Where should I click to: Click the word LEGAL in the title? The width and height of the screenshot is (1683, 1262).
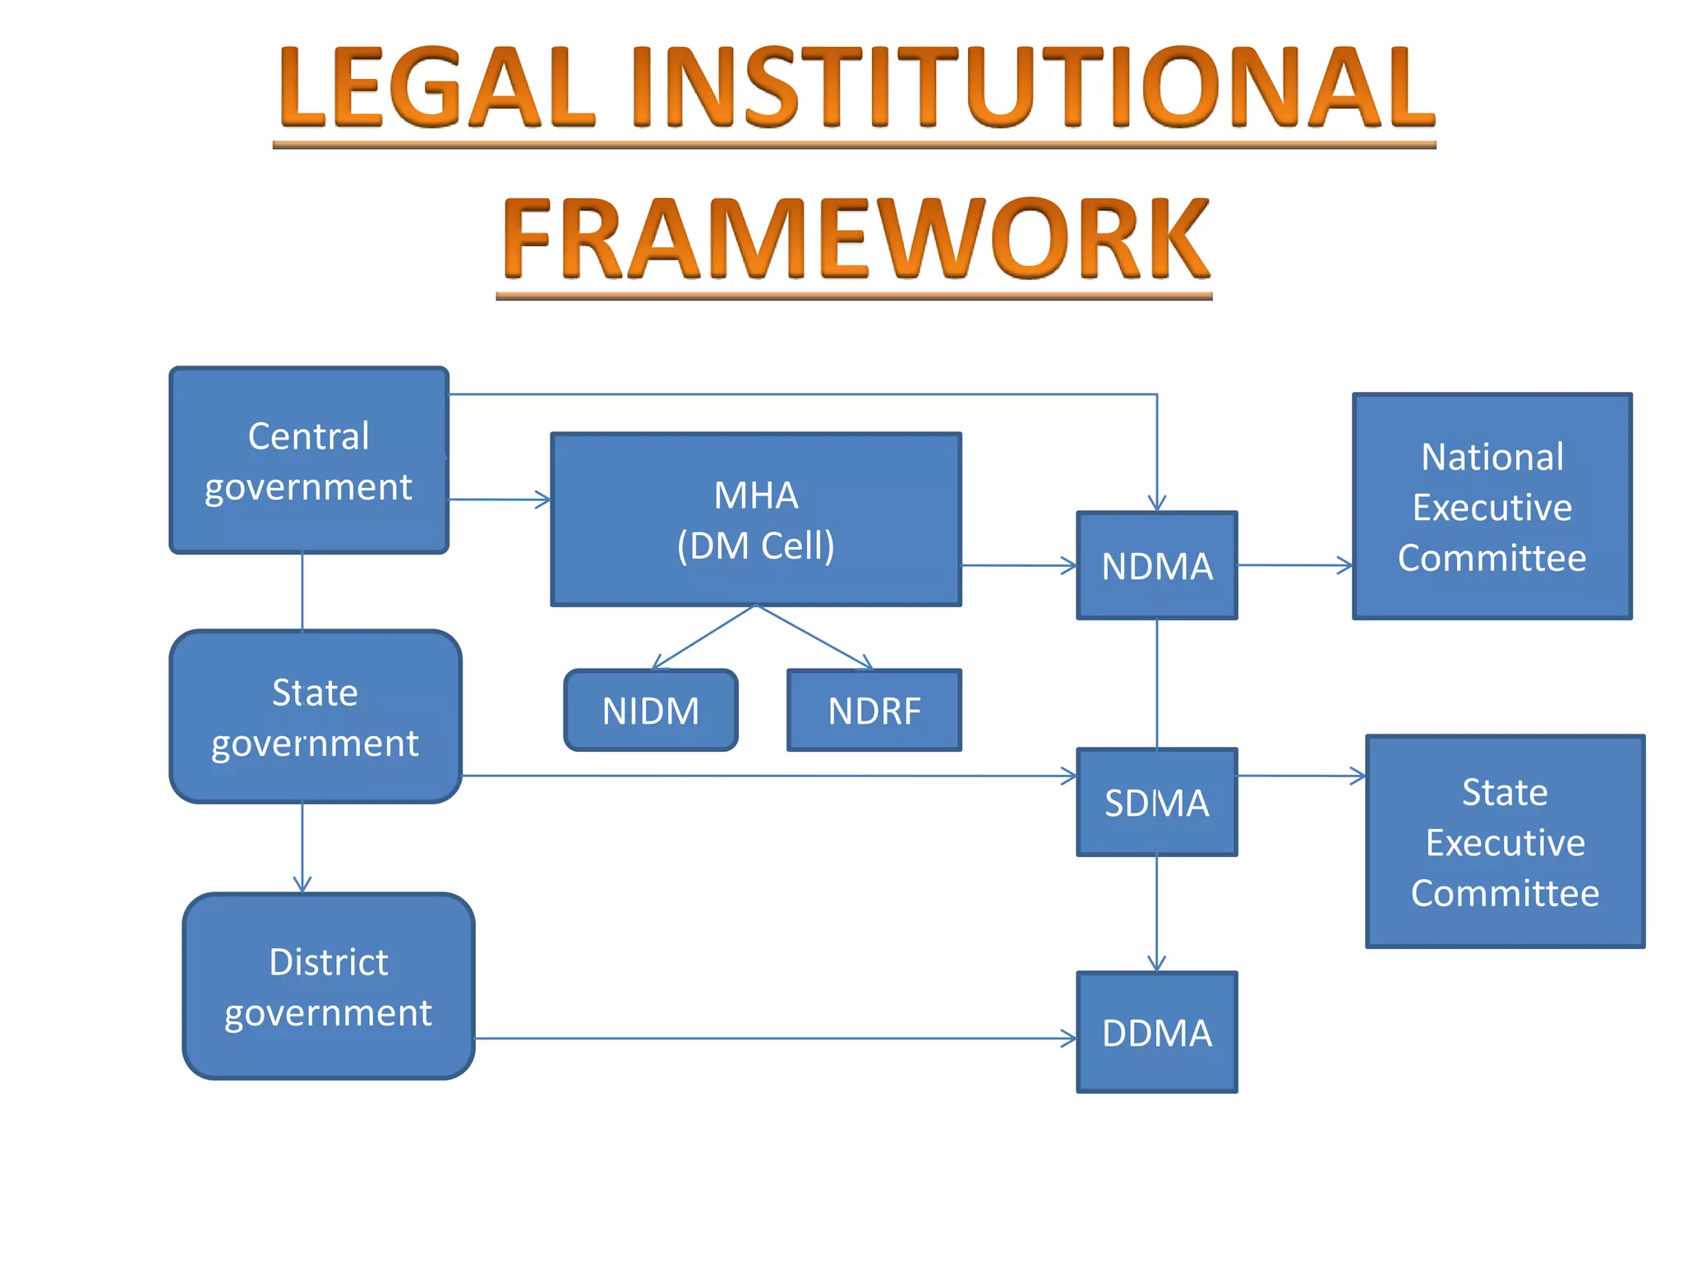[x=436, y=88]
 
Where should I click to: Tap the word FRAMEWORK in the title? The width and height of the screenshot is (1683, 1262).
[x=855, y=239]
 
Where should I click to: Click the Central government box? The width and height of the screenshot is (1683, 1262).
[x=309, y=461]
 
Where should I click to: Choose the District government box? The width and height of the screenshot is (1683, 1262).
[x=329, y=987]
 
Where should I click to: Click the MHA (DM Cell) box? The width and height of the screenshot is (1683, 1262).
[x=756, y=520]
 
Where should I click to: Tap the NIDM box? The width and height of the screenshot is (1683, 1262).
[x=651, y=711]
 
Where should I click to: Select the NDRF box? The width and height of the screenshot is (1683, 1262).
[x=874, y=711]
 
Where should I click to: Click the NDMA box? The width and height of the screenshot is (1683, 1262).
[x=1157, y=566]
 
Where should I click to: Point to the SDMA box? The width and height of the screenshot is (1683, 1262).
[x=1157, y=803]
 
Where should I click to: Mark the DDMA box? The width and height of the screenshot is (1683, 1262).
[x=1157, y=1033]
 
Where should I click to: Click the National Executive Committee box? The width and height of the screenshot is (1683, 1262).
[x=1492, y=507]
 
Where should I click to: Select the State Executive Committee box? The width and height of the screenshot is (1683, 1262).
[x=1505, y=842]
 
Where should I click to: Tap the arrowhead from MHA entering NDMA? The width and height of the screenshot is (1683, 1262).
[x=1068, y=566]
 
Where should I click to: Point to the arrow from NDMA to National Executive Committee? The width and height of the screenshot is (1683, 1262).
[x=1295, y=565]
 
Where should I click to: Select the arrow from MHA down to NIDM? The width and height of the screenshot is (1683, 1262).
[x=703, y=638]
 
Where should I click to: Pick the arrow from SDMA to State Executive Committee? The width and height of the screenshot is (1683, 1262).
[x=1302, y=776]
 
